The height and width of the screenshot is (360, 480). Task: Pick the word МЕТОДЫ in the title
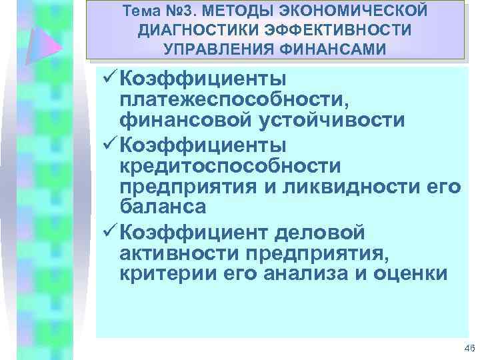(225, 13)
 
